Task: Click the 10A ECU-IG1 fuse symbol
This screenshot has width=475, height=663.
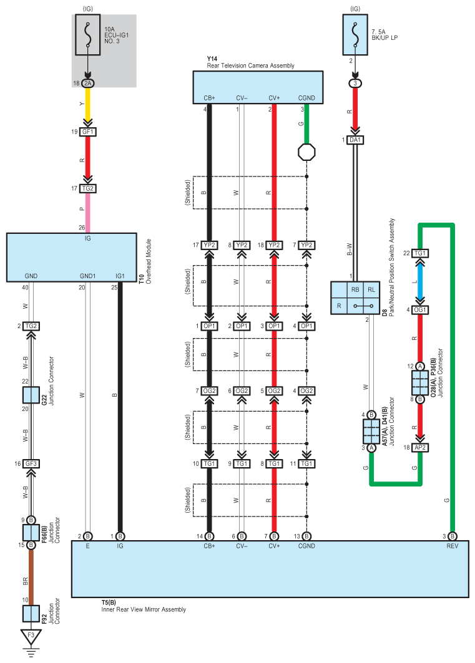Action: pyautogui.click(x=87, y=35)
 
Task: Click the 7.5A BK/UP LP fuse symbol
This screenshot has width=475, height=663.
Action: pyautogui.click(x=355, y=35)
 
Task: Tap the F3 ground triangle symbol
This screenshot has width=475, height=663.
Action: pyautogui.click(x=31, y=636)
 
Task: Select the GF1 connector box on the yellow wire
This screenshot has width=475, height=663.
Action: pyautogui.click(x=87, y=132)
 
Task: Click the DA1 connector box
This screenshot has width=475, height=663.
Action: pyautogui.click(x=355, y=140)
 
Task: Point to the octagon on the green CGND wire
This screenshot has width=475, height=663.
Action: pyautogui.click(x=306, y=152)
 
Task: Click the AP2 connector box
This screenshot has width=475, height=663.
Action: pyautogui.click(x=420, y=447)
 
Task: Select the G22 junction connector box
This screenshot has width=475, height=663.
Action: pyautogui.click(x=31, y=395)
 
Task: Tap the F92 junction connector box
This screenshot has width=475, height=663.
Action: pyautogui.click(x=31, y=614)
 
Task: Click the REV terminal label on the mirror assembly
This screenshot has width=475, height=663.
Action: pyautogui.click(x=452, y=546)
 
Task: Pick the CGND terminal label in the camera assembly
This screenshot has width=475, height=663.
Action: pyautogui.click(x=306, y=98)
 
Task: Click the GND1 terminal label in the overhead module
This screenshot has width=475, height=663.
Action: pyautogui.click(x=87, y=276)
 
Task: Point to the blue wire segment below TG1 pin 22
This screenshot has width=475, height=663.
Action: pyautogui.click(x=420, y=281)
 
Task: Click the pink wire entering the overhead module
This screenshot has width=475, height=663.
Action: pyautogui.click(x=87, y=213)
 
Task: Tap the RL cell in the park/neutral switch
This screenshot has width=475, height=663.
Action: pyautogui.click(x=371, y=289)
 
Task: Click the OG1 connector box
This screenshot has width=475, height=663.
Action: pyautogui.click(x=420, y=310)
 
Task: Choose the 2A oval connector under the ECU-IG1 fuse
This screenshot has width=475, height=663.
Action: pyautogui.click(x=87, y=84)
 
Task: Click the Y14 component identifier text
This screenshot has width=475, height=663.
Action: pyautogui.click(x=212, y=59)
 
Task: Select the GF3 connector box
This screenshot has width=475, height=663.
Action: pyautogui.click(x=31, y=463)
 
